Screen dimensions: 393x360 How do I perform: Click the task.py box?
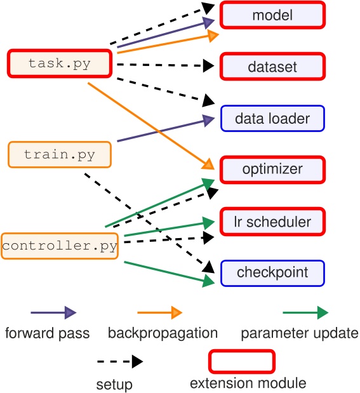tap(60, 63)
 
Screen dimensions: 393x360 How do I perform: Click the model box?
tap(272, 15)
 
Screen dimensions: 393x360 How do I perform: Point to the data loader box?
tap(272, 118)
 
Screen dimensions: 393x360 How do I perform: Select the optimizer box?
tap(272, 170)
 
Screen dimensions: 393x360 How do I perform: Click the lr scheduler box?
tap(272, 222)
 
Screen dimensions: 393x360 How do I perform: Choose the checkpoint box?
tap(272, 273)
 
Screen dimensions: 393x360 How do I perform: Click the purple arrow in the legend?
tap(53, 312)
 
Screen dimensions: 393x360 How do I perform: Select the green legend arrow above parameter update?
tap(305, 312)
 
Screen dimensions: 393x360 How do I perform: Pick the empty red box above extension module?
tap(242, 361)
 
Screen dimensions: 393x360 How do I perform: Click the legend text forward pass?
tap(47, 333)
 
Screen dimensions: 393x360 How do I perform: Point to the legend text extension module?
tap(248, 383)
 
